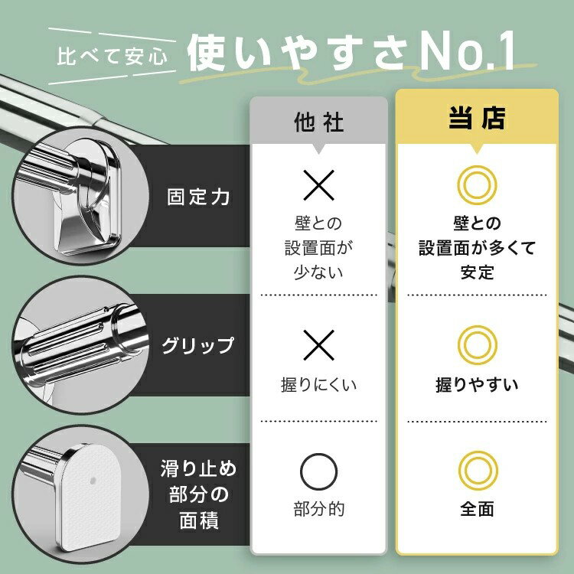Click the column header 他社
[318, 122]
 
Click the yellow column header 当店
[477, 118]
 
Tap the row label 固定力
[198, 197]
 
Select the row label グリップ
[197, 345]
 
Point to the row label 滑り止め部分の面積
[199, 494]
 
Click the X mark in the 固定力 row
[319, 185]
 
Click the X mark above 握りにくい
[319, 345]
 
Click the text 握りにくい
[318, 385]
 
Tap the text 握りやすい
[477, 385]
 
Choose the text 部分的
[319, 509]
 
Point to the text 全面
[477, 509]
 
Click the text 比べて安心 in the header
[112, 57]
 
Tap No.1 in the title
[468, 51]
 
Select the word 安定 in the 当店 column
[477, 272]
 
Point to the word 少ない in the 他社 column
[318, 272]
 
